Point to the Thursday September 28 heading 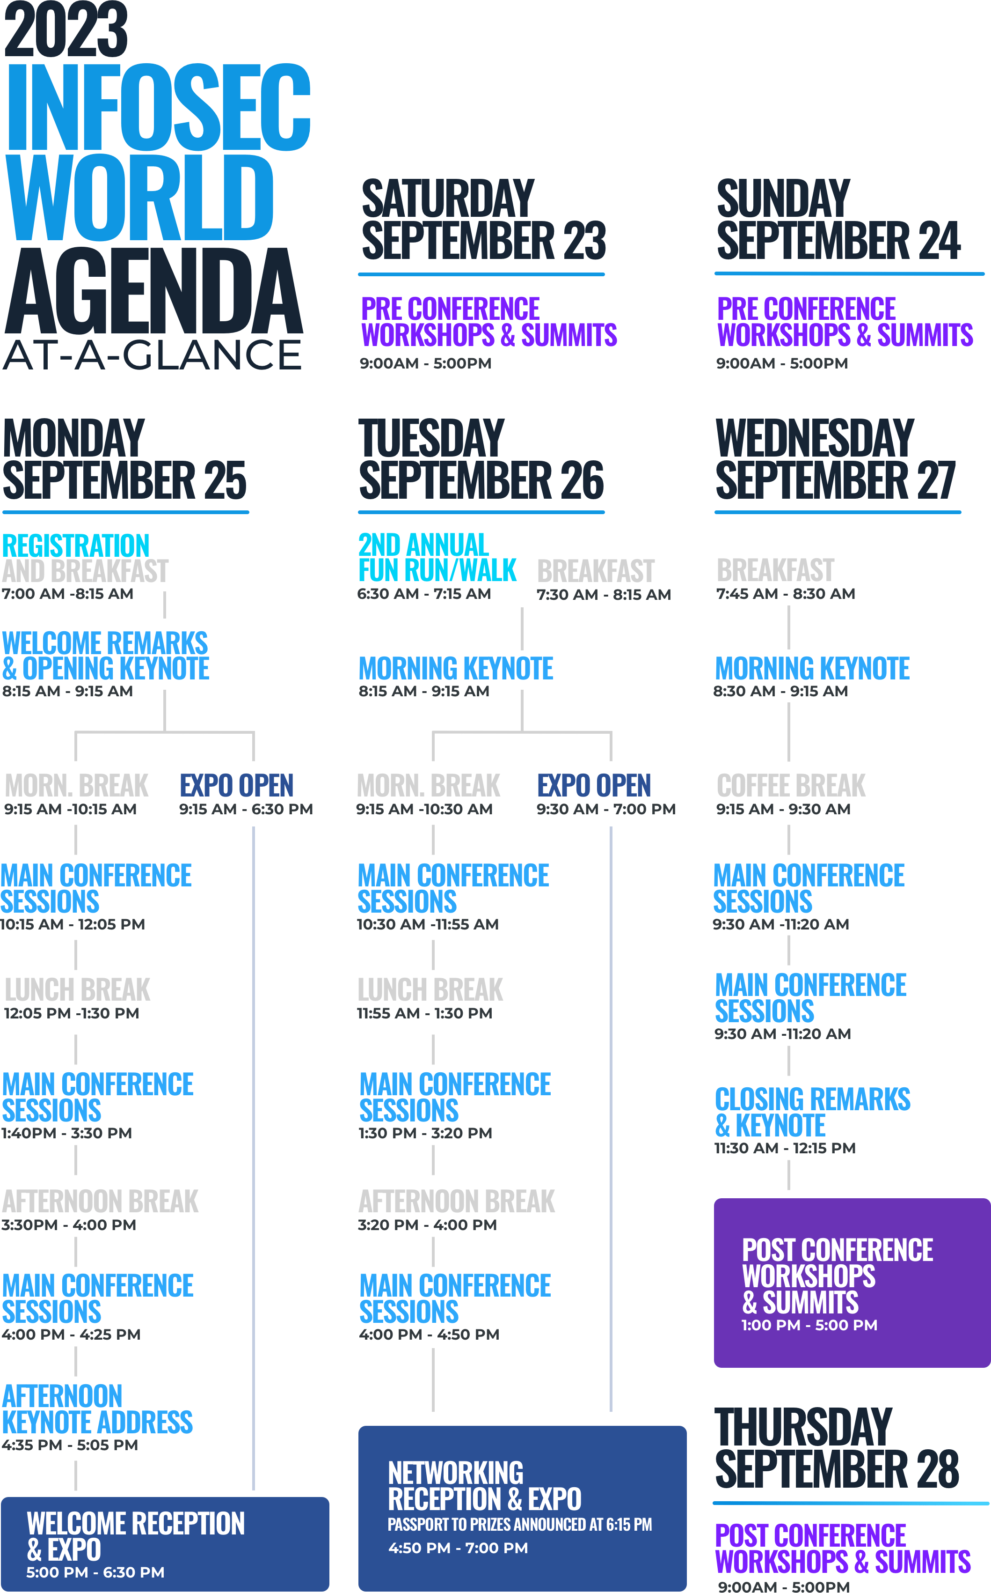coord(836,1448)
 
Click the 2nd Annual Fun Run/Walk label coord(437,557)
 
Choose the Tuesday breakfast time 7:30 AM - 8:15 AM coord(603,595)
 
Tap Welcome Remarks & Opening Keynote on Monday coord(105,656)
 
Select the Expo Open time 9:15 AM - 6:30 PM coord(246,809)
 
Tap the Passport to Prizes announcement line coord(519,1525)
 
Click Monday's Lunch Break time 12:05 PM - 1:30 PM coord(72,1013)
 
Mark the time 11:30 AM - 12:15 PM coord(785,1148)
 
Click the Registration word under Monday coord(75,546)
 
